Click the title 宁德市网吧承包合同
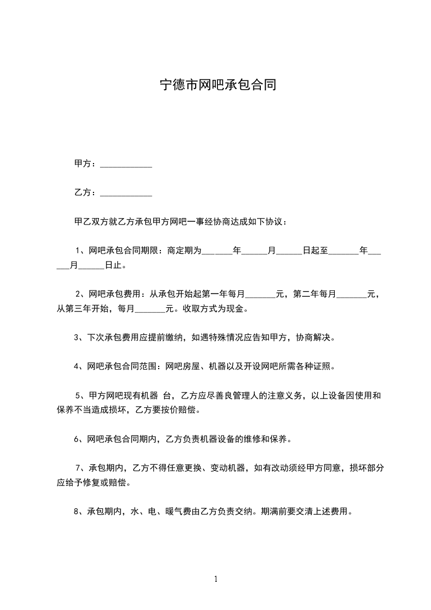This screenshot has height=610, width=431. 218,85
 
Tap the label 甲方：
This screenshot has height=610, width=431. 86,163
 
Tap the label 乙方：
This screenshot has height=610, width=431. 86,192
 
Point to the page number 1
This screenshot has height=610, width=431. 216,579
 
